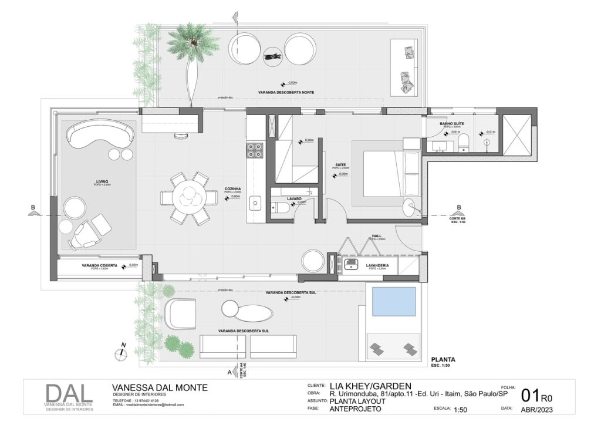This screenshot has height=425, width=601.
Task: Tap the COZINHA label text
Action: (x=233, y=189)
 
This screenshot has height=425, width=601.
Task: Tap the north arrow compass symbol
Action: (x=121, y=353)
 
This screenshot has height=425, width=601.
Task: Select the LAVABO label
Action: (x=294, y=198)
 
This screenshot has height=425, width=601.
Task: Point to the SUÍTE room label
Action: (x=340, y=165)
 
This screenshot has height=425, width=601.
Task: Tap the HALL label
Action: (x=376, y=236)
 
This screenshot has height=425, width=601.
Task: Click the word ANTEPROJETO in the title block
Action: (x=355, y=409)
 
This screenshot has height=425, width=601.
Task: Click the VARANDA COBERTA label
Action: (x=99, y=265)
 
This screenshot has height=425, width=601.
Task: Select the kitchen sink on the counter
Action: (x=255, y=204)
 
